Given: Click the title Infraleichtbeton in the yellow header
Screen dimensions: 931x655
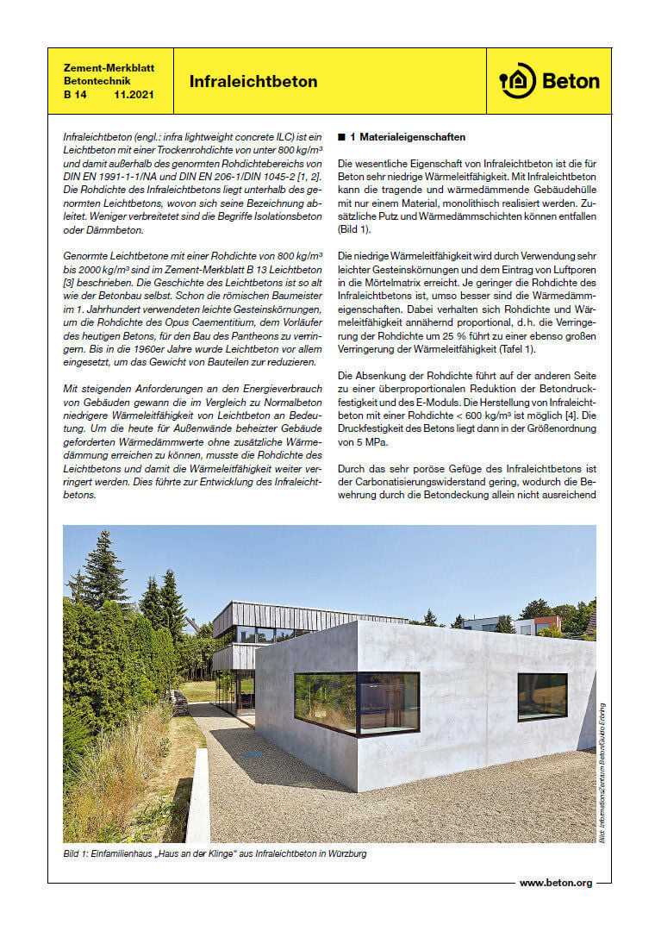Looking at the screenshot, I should [x=253, y=82].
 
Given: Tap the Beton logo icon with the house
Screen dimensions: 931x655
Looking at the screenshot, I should [x=517, y=81].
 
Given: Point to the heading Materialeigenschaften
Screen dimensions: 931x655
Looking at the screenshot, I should [x=413, y=136].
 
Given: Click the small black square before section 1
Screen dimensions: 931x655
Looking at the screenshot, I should [x=342, y=136].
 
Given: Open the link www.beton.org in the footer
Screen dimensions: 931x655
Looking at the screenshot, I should [x=556, y=883].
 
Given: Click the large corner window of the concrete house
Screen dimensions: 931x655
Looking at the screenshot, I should [x=357, y=703].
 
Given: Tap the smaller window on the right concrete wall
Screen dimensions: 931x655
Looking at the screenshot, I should [x=542, y=696].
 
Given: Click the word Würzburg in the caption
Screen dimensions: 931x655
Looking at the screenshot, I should [x=348, y=853].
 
